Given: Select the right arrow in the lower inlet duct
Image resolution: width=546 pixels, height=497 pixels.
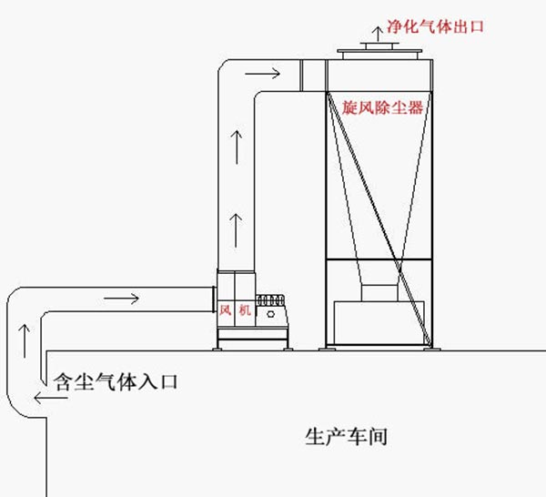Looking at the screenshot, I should [122, 299].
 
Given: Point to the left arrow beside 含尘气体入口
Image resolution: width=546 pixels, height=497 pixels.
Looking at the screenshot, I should [41, 397].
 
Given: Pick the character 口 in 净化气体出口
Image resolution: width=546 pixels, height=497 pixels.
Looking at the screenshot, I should [475, 26].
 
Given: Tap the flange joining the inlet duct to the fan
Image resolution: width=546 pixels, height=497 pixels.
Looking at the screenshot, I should [212, 299].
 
